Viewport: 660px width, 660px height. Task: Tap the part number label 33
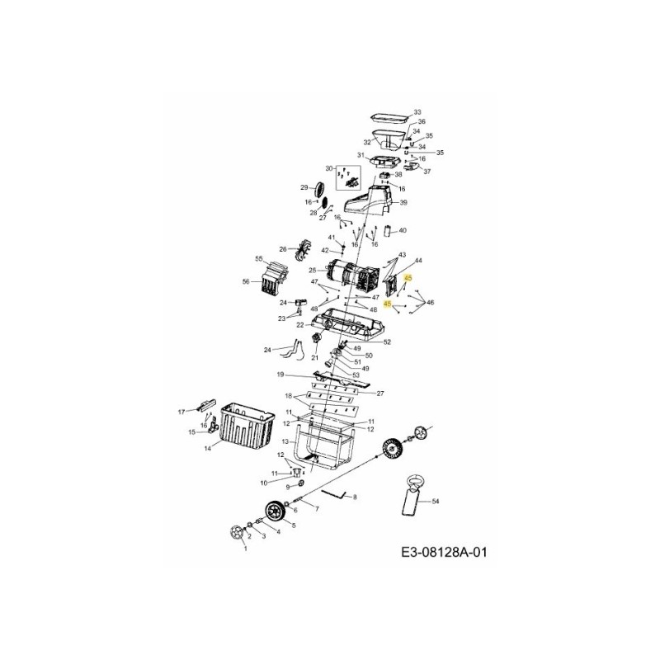click(x=417, y=111)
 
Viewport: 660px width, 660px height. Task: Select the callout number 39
click(x=403, y=203)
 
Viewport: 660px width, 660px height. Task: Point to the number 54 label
click(x=436, y=501)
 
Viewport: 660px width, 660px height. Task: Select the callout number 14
click(x=208, y=448)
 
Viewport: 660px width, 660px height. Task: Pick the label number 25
click(x=312, y=271)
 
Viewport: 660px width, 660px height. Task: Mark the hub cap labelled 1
click(x=238, y=535)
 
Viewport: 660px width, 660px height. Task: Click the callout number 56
click(x=246, y=281)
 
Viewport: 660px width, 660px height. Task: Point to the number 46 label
click(x=430, y=303)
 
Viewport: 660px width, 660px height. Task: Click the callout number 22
click(x=300, y=325)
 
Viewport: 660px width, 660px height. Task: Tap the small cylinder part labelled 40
click(x=388, y=232)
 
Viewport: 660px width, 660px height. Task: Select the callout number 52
click(x=386, y=342)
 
